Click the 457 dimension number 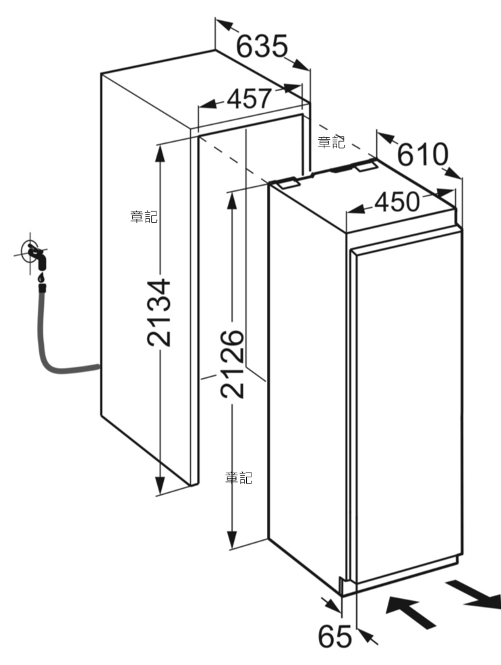click(249, 99)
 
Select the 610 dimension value click(422, 154)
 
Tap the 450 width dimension click(396, 201)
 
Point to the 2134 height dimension click(159, 313)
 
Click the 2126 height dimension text click(232, 363)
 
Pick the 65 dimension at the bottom click(334, 636)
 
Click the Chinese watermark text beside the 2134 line click(144, 217)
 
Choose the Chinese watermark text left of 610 click(331, 142)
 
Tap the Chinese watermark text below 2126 click(239, 478)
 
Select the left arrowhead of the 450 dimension click(356, 209)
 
